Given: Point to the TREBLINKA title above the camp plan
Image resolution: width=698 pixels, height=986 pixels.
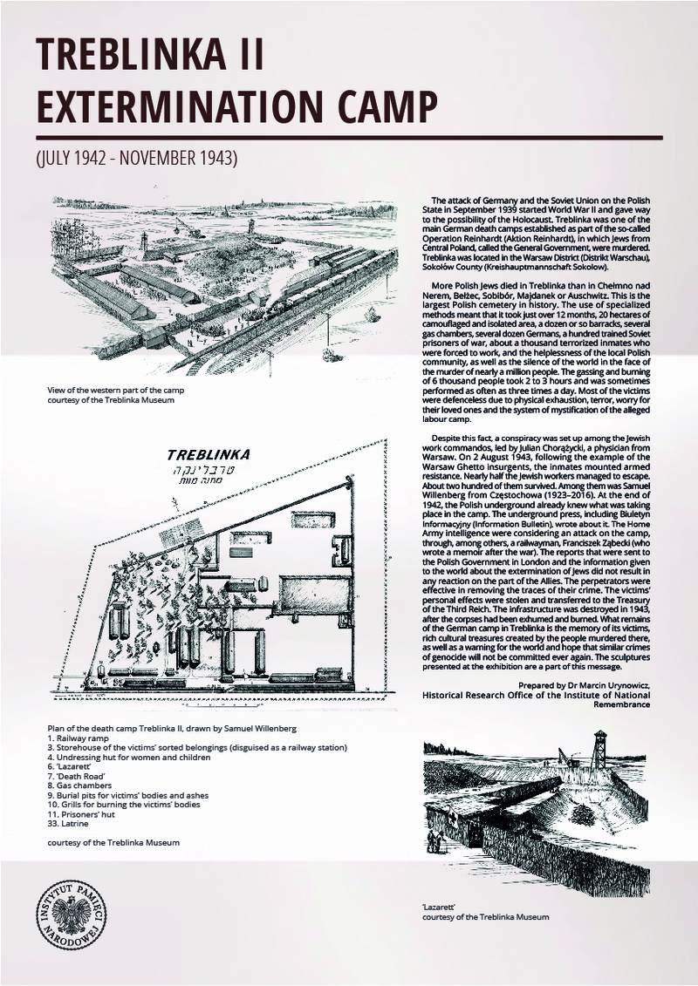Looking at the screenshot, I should click(208, 454).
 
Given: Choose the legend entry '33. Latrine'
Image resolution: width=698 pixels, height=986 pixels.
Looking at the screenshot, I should click(71, 824).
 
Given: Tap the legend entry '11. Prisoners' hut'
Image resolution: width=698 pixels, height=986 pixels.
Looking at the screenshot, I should click(86, 813).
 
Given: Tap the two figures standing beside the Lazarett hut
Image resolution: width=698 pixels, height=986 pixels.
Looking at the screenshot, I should click(437, 843).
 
